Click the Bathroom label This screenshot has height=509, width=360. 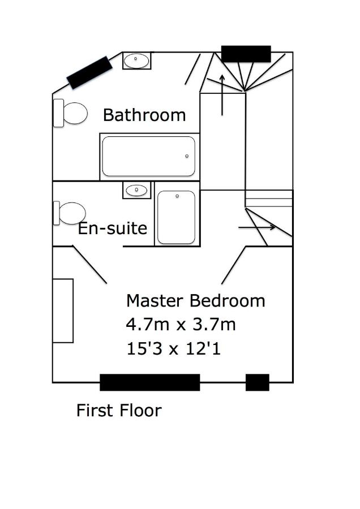point(144,115)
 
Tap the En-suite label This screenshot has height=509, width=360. point(113,228)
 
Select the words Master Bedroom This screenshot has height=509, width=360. point(196,301)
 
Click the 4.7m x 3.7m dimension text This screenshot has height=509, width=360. point(181,324)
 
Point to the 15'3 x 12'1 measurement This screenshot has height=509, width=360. point(174,348)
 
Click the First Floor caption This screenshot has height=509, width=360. point(119,411)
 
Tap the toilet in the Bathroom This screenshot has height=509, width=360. point(71,113)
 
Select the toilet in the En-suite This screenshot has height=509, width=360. point(70,213)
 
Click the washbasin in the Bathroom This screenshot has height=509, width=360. point(137,61)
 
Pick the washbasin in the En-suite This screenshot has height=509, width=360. point(137,190)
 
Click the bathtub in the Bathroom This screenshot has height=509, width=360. point(149,156)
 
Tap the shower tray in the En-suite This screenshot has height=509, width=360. point(176,217)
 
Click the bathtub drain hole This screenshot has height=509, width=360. point(187,156)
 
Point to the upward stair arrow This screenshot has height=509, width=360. point(222,95)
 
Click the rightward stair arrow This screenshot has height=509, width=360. point(257,227)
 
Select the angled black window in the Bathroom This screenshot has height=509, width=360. point(89,72)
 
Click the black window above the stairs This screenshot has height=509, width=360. point(246,54)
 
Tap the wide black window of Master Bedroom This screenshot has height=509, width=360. point(150,382)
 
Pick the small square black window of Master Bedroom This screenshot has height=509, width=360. point(258,382)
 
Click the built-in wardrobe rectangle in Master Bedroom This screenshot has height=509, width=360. point(63,310)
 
